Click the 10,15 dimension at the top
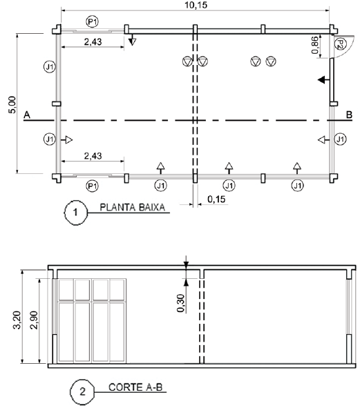(x=196, y=5)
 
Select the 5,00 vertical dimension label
(x=12, y=105)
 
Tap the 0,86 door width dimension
(x=315, y=46)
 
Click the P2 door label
(x=340, y=44)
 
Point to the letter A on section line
(x=27, y=115)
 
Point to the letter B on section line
(x=349, y=115)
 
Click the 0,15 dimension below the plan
(x=216, y=200)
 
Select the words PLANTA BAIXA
(x=133, y=207)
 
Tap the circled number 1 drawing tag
(x=75, y=213)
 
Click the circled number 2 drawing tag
(x=82, y=392)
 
